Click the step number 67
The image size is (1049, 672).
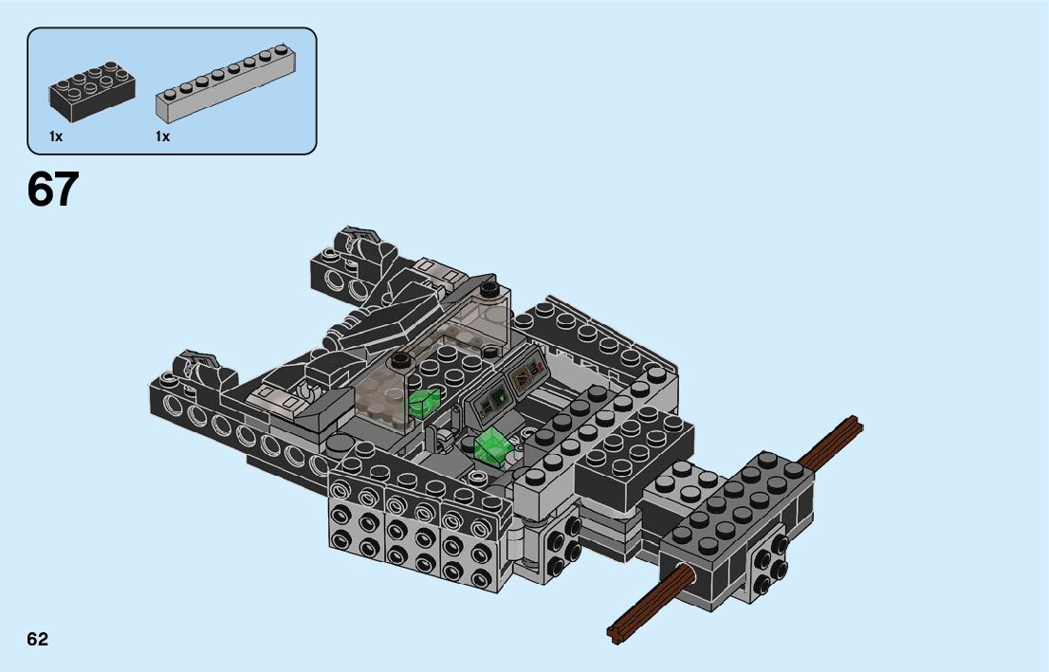pos(53,190)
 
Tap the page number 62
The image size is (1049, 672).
pos(38,639)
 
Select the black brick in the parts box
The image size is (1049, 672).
pos(92,92)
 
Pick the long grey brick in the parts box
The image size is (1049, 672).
pos(226,83)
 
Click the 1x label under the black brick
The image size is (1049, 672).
pos(56,136)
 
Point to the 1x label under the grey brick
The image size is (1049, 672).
pos(162,136)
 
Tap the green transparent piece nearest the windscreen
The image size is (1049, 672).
pos(423,403)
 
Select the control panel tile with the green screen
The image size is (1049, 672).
pos(490,403)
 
